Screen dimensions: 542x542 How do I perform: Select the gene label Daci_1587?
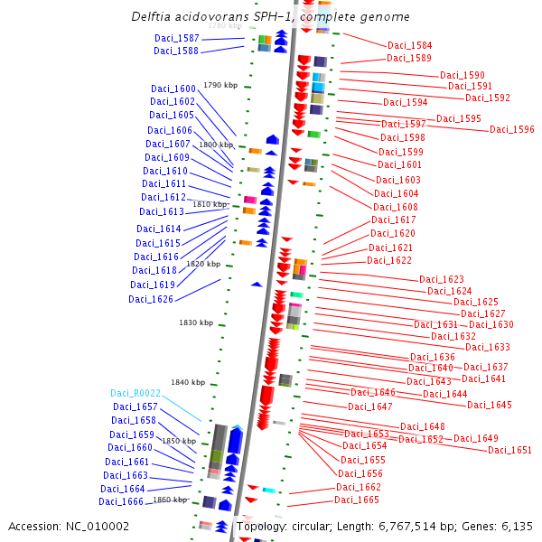coord(176,38)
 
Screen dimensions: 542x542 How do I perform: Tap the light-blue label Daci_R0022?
coord(135,393)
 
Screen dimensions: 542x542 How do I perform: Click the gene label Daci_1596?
coord(512,129)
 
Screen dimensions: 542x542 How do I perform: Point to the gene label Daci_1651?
coord(509,450)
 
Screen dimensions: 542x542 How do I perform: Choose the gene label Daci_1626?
coord(151,299)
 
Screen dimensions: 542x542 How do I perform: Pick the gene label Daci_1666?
coord(121,501)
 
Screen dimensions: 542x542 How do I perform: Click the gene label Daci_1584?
coord(409,45)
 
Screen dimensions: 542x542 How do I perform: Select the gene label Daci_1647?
coord(370,406)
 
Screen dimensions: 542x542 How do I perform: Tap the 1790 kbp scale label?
coord(220,85)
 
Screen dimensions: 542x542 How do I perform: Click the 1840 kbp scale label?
coord(188,382)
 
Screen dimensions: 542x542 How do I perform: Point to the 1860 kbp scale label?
coord(170,500)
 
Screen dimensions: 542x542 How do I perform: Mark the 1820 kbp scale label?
coord(203,264)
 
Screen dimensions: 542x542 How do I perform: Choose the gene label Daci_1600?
coord(173,89)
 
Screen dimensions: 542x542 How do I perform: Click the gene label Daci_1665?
coord(357,500)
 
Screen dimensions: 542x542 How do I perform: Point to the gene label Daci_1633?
coord(488,347)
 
